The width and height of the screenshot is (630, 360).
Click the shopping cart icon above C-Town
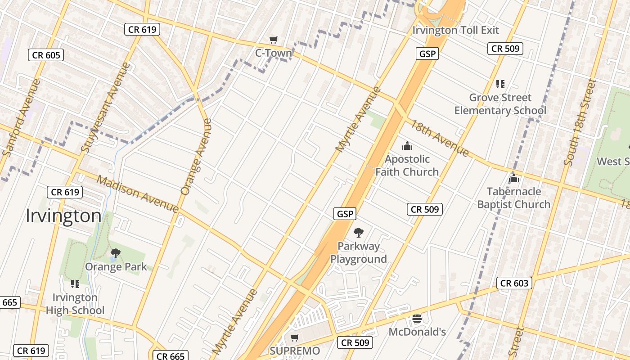point(273,40)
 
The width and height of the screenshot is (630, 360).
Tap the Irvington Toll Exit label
point(456,31)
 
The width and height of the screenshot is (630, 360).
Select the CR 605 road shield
point(46,55)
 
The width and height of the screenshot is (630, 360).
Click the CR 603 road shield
point(515,283)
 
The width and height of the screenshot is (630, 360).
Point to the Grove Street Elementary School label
point(500,104)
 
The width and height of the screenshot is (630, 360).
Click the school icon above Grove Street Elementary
point(500,84)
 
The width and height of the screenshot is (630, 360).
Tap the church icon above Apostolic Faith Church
point(407,146)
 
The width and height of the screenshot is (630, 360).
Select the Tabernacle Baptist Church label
point(513,198)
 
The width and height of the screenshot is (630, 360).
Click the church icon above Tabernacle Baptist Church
point(513,179)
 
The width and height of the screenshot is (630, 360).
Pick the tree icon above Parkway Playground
point(359,233)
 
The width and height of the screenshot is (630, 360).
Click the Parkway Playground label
point(359,252)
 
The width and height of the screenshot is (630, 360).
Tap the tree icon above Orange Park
point(116,253)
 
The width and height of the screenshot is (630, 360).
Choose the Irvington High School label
point(75,304)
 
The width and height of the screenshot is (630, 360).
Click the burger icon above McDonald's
point(417,319)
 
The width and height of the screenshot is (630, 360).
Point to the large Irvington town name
point(63,216)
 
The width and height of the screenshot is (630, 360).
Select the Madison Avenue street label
point(138,194)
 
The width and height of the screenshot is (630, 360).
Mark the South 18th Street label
point(580,122)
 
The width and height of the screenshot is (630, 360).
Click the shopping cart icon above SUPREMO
point(295,337)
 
